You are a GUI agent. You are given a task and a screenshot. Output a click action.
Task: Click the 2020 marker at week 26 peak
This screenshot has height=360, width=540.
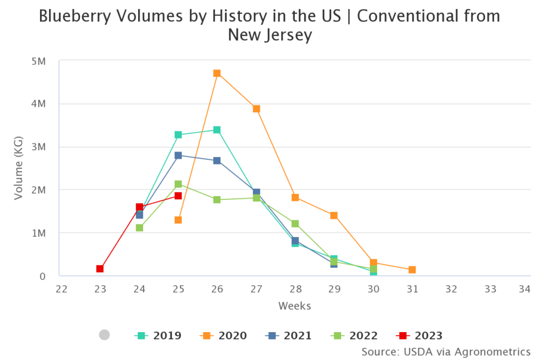[217, 73]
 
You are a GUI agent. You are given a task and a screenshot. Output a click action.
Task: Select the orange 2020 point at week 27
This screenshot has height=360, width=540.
[256, 109]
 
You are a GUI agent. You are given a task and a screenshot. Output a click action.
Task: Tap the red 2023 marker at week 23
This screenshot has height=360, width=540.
[100, 269]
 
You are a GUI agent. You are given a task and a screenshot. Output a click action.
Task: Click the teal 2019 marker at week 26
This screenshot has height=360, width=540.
[217, 130]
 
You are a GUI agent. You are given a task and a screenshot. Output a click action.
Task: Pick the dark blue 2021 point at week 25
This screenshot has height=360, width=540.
[178, 155]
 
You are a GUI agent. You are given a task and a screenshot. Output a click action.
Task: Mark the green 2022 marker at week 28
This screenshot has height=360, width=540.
[295, 223]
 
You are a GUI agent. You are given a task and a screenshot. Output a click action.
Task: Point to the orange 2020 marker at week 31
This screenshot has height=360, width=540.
[412, 270]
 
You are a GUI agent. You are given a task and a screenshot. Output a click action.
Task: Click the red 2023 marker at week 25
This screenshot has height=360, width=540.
[178, 196]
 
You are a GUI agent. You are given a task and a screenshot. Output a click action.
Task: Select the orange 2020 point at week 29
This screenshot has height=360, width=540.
[334, 216]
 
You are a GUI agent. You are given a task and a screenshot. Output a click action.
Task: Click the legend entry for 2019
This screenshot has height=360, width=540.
[158, 335]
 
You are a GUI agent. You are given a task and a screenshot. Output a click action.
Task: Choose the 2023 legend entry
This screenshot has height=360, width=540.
[419, 335]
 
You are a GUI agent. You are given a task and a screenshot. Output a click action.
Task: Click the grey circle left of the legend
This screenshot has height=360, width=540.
[104, 335]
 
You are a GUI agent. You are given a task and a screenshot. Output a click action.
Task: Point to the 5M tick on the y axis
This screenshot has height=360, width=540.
[39, 61]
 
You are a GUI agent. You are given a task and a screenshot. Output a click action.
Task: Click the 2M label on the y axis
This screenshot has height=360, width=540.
[39, 190]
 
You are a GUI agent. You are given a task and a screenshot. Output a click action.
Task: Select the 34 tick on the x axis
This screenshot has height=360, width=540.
[524, 289]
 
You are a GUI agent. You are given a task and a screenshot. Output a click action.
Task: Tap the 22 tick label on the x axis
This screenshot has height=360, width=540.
[61, 289]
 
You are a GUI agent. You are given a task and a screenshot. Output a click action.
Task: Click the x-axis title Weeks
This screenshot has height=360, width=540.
[295, 306]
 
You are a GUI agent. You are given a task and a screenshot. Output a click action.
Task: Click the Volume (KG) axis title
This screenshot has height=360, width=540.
[18, 169]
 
